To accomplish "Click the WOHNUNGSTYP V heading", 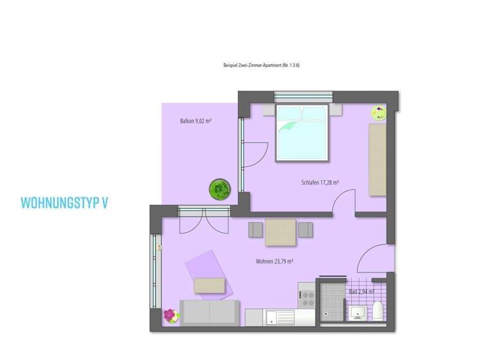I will point(64,203).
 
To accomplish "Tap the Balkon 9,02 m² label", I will point(196,121).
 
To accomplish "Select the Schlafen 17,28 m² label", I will point(320,183).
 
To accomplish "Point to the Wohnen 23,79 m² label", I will point(275,262).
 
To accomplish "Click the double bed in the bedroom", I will point(302,134).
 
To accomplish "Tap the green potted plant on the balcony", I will point(219,188).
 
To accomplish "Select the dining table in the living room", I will point(281,231).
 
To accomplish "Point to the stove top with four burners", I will point(306,298).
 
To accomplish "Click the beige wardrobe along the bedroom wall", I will point(377,159).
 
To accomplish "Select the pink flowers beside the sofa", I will point(170,315).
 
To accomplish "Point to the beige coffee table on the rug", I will point(210,285).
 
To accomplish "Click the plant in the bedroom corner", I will point(378,113).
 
